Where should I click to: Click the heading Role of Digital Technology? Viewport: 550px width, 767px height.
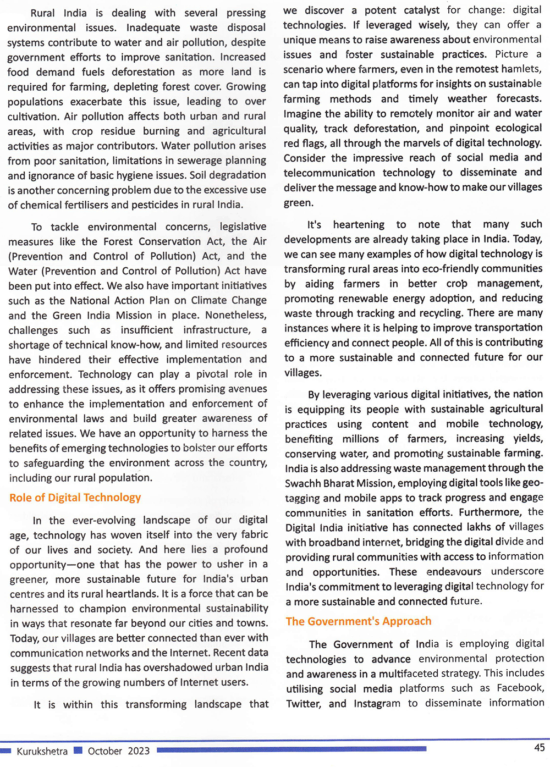coord(75,498)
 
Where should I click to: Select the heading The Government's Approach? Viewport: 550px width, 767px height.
coord(359,621)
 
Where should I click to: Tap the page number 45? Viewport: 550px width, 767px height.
coord(540,747)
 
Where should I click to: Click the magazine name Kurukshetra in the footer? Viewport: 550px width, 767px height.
coord(42,751)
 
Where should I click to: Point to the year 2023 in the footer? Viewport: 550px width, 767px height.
coord(139,751)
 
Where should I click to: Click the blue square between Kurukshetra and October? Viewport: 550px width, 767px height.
coord(78,750)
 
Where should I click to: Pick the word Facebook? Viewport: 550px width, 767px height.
coord(520,688)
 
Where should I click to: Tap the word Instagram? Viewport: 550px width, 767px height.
coord(377,703)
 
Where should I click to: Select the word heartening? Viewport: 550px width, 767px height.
coord(359,224)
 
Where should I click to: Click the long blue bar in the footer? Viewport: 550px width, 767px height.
coord(291,749)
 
